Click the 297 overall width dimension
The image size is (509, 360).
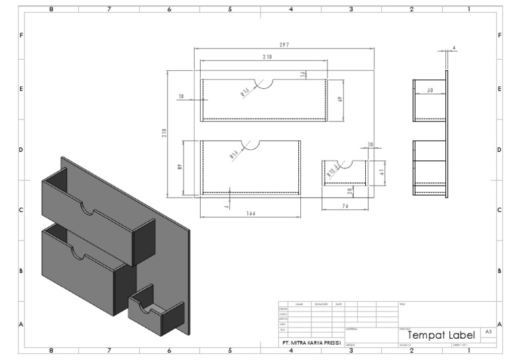(x=284, y=44)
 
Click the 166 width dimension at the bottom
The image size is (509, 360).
(x=250, y=213)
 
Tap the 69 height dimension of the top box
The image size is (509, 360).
(x=339, y=99)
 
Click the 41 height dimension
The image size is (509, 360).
(x=382, y=172)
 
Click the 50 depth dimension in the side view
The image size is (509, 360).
(x=429, y=90)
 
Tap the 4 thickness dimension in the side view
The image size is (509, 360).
(x=453, y=48)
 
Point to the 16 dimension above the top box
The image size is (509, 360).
(x=303, y=74)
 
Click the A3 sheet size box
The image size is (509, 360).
(x=488, y=330)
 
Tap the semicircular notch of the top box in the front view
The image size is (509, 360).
(x=264, y=83)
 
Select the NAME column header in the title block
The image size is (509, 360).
(x=300, y=304)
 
